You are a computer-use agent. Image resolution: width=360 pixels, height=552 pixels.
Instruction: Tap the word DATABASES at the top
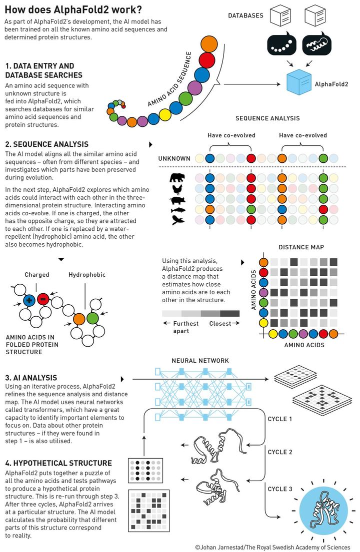pos(245,16)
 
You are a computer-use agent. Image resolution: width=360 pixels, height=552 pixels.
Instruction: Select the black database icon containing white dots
pos(279,45)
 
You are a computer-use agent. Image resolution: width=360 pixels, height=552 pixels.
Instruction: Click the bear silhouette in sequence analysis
pos(177,177)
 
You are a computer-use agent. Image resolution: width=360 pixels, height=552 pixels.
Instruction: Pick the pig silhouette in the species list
pos(177,199)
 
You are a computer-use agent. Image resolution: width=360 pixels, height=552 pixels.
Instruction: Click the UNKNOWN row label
pos(174,159)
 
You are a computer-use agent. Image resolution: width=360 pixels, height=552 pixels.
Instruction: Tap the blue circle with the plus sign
pos(29,300)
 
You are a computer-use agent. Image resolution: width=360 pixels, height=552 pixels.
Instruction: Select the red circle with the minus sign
pos(43,300)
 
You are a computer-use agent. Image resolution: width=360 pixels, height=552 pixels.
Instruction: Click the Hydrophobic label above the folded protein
pos(87,275)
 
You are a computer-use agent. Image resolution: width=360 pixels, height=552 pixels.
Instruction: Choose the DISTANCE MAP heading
pos(301,248)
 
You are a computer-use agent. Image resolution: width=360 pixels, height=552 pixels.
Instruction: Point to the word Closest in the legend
pos(220,323)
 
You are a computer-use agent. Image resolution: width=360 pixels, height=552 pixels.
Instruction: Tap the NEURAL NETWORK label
pos(200,361)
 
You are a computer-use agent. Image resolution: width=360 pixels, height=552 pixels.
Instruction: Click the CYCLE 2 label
pos(280,452)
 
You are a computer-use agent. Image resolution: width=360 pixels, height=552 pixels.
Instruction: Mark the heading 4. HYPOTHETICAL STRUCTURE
pos(58,464)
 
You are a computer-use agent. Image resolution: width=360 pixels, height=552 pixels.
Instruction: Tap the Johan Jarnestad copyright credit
pos(272,547)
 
